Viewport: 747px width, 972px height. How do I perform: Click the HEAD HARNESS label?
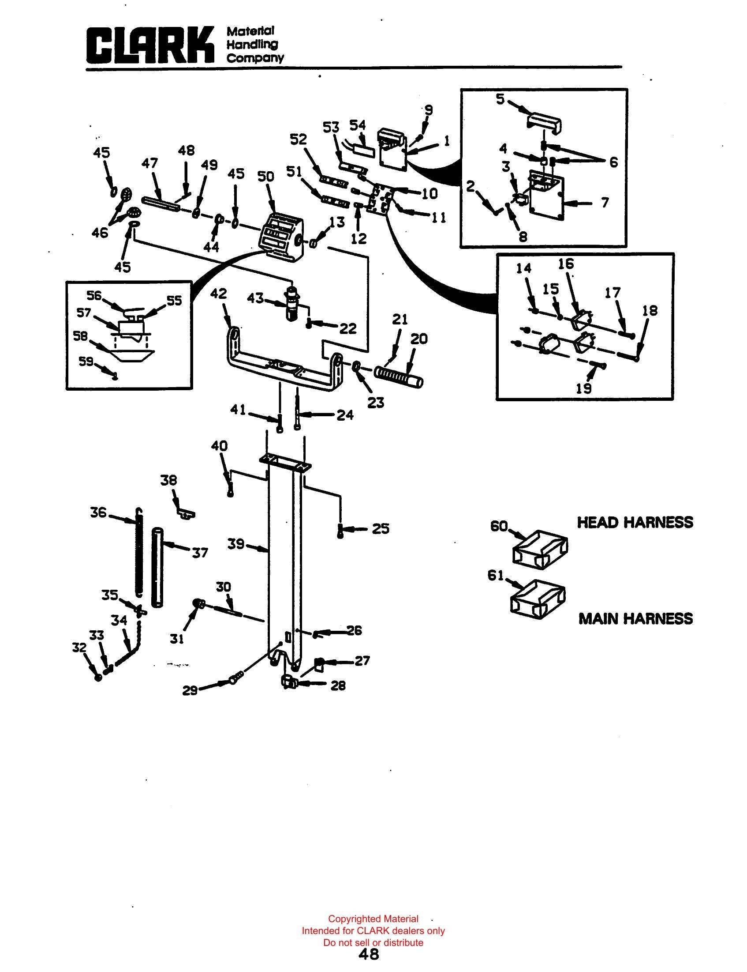click(x=635, y=522)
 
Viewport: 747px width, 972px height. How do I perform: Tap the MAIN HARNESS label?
click(x=636, y=618)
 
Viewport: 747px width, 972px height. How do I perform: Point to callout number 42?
click(x=218, y=294)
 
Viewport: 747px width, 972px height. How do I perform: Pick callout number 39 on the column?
click(x=236, y=544)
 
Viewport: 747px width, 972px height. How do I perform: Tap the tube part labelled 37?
click(x=157, y=566)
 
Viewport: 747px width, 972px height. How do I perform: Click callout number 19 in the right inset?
click(x=584, y=388)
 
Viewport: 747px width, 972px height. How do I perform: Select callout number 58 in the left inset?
click(x=81, y=336)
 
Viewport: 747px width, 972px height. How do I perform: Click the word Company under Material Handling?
click(x=255, y=58)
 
